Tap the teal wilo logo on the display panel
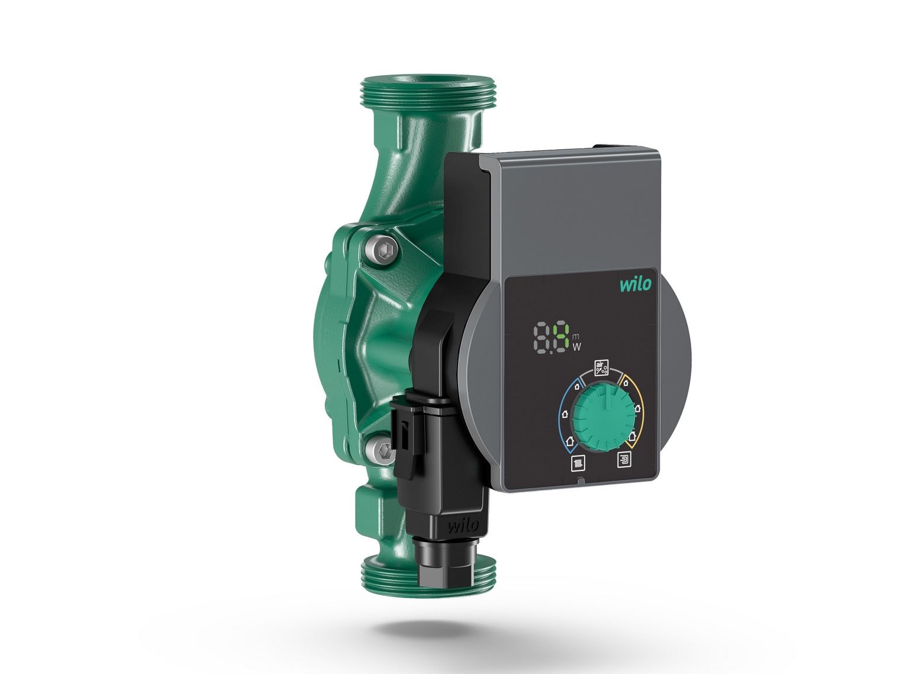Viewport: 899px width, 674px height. (634, 284)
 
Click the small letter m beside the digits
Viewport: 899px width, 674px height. (575, 327)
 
